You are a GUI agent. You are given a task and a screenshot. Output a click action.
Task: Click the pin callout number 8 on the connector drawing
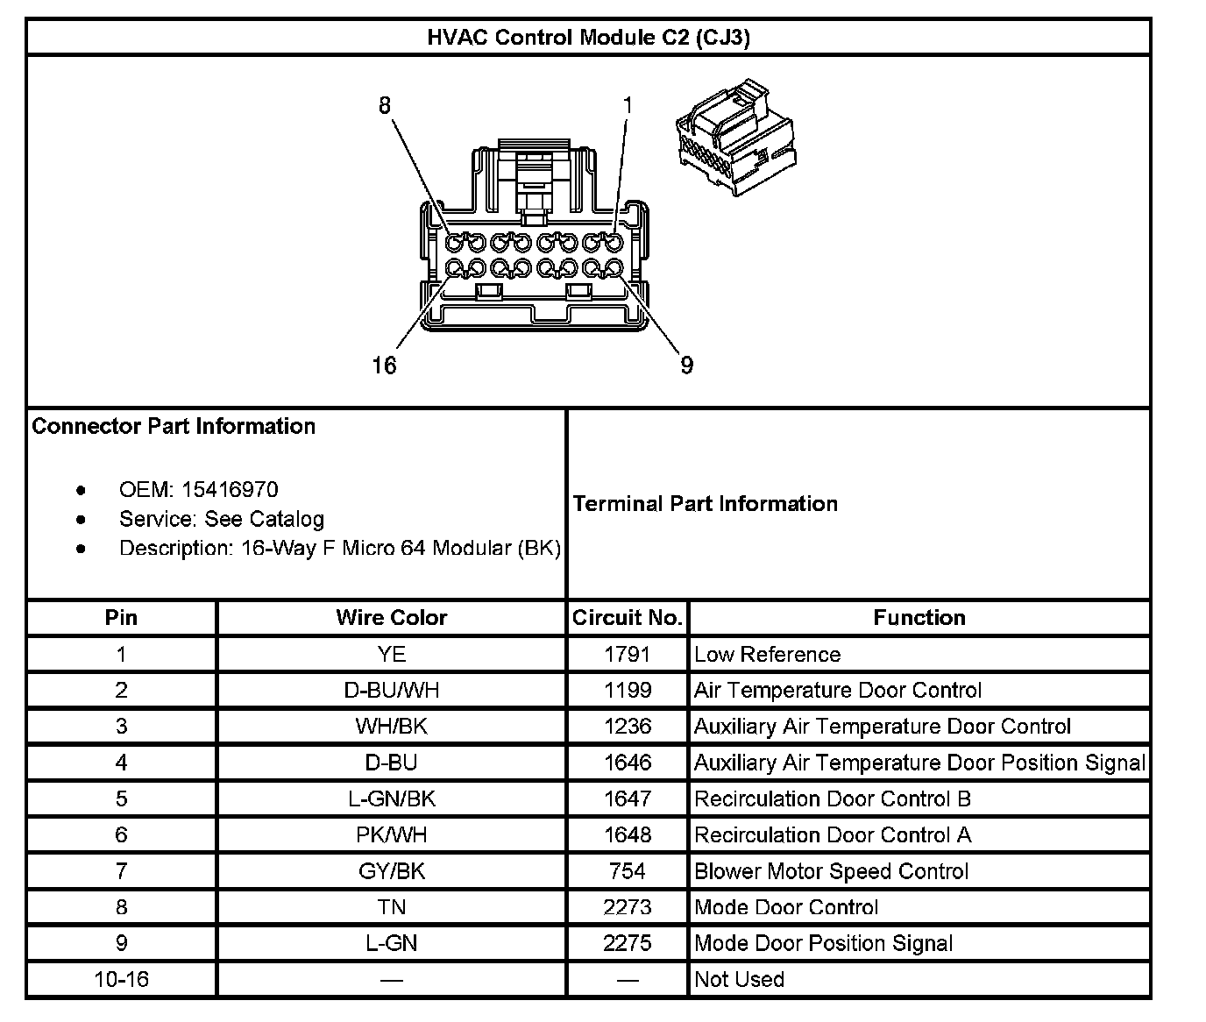[x=385, y=105]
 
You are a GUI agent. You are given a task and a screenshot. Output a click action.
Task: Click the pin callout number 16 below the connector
[x=385, y=365]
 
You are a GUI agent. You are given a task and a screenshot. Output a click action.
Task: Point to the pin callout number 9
[x=687, y=365]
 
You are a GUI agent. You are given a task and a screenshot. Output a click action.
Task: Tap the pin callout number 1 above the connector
[x=628, y=105]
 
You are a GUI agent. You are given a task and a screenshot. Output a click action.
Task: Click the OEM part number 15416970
[x=230, y=489]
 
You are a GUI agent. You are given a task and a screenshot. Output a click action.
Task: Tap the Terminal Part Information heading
[x=706, y=504]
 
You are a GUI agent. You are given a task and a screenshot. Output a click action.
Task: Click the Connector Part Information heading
[x=174, y=427]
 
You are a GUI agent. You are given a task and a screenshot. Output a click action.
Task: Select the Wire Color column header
[x=391, y=618]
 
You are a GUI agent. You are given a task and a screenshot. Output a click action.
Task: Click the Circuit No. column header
[x=628, y=618]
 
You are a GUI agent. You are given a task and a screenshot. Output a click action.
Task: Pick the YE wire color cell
[x=391, y=655]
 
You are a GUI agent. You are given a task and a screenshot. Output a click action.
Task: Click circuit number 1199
[x=628, y=691]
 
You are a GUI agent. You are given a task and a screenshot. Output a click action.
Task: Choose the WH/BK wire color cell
[x=391, y=727]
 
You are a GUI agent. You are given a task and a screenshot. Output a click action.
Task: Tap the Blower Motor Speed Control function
[x=831, y=871]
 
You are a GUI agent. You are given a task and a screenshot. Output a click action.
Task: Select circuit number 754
[x=628, y=871]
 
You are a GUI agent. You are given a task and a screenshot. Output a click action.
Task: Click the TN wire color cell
[x=391, y=907]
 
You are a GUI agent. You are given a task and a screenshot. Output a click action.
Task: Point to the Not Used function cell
[x=739, y=979]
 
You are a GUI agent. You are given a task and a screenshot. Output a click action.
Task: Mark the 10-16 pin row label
[x=121, y=979]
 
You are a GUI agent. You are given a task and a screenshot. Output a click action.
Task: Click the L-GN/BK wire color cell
[x=391, y=798]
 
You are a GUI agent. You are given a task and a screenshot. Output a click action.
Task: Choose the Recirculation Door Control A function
[x=833, y=835]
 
